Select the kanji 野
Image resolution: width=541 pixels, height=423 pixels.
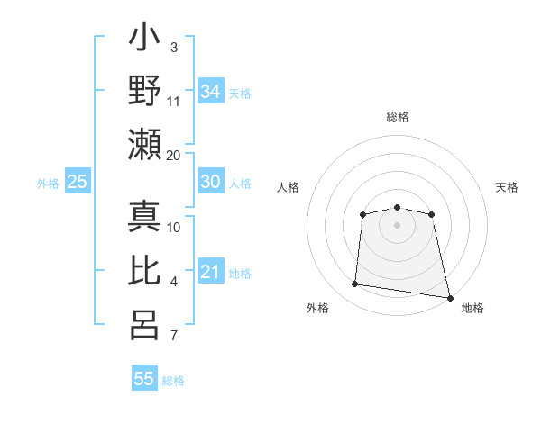pos(145,92)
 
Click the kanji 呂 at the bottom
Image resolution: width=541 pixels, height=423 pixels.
pos(145,324)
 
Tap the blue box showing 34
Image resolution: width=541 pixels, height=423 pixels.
pos(210,91)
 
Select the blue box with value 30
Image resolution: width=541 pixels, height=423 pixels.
pos(210,182)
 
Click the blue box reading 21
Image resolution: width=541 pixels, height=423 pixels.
pos(210,272)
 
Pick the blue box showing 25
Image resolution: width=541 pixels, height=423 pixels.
pos(77,182)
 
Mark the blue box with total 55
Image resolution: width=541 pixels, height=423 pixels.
pos(144,378)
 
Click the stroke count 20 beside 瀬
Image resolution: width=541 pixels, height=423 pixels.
pos(174,155)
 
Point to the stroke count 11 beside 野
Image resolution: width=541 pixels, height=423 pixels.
pos(174,101)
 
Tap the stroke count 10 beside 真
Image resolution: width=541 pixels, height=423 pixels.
pos(174,226)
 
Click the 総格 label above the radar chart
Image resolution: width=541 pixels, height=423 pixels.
pos(397,118)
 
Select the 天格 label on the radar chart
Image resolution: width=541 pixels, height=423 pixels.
pos(507,187)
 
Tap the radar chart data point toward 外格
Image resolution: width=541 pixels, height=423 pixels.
pos(355,284)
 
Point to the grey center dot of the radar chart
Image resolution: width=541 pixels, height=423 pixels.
pos(397,224)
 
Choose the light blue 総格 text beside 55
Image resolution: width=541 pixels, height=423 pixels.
pos(173,381)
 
